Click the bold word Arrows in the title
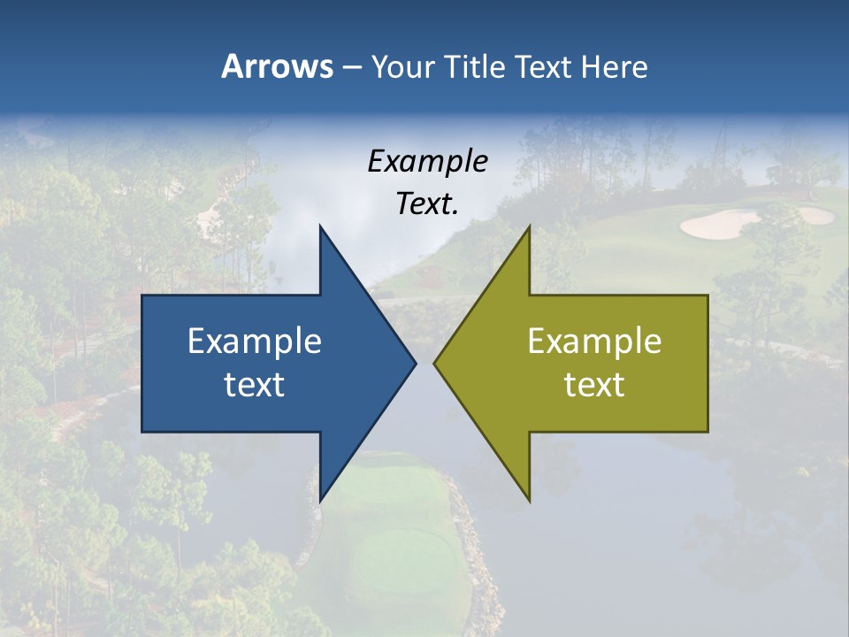(x=277, y=66)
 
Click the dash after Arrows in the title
(x=350, y=68)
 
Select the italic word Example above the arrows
(x=427, y=161)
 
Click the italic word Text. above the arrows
(x=427, y=203)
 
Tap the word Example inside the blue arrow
(x=255, y=341)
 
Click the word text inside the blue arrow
(x=255, y=384)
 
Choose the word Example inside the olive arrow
(x=594, y=341)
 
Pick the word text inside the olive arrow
(x=594, y=384)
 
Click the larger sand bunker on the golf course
(x=718, y=225)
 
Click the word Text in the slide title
(x=545, y=66)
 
